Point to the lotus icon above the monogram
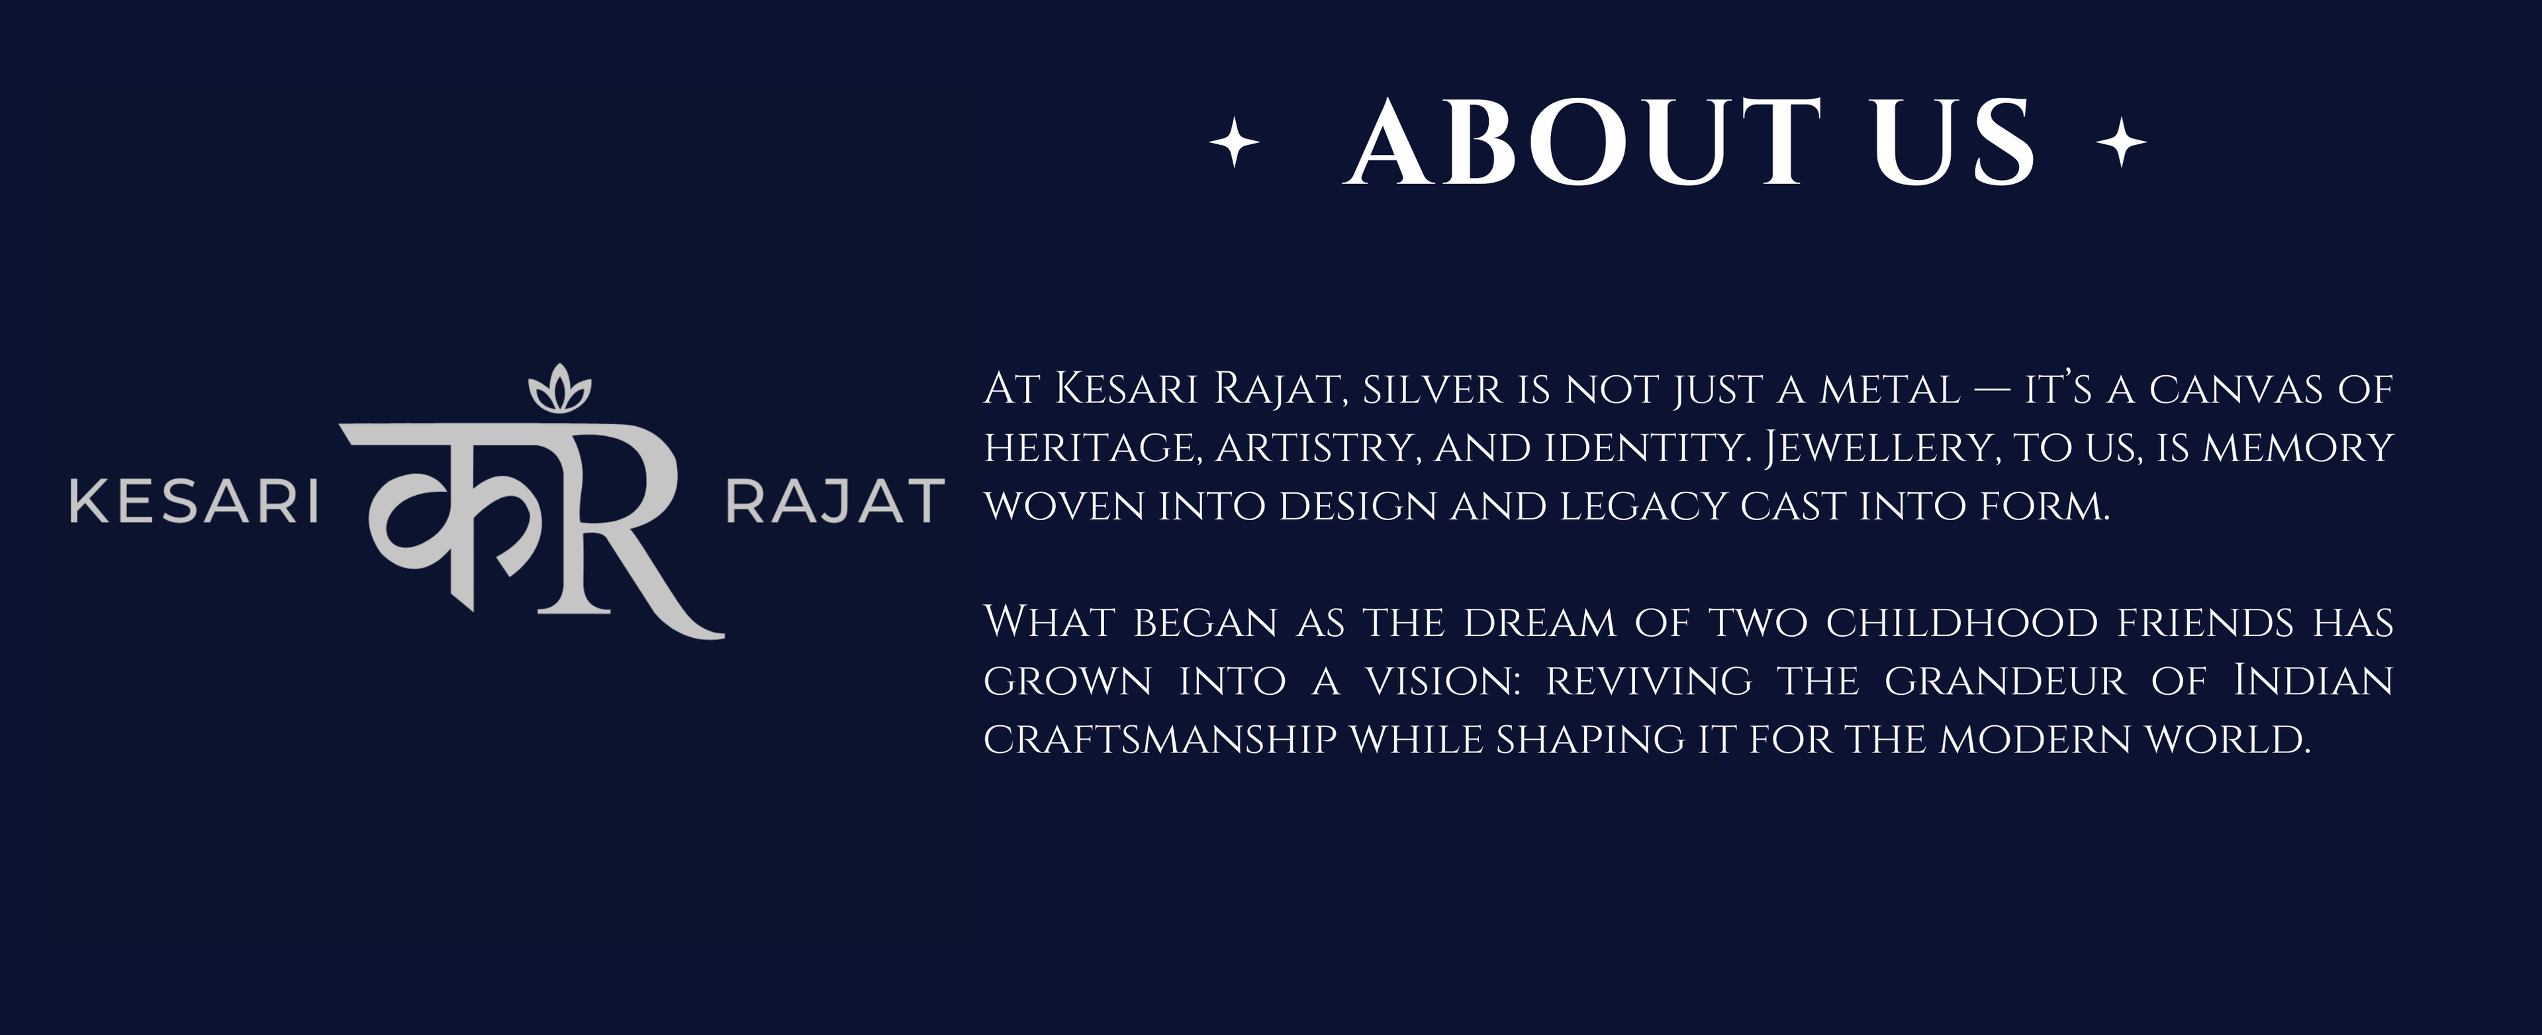[559, 388]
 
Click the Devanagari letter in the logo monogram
[444, 503]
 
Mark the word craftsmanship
[1160, 739]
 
